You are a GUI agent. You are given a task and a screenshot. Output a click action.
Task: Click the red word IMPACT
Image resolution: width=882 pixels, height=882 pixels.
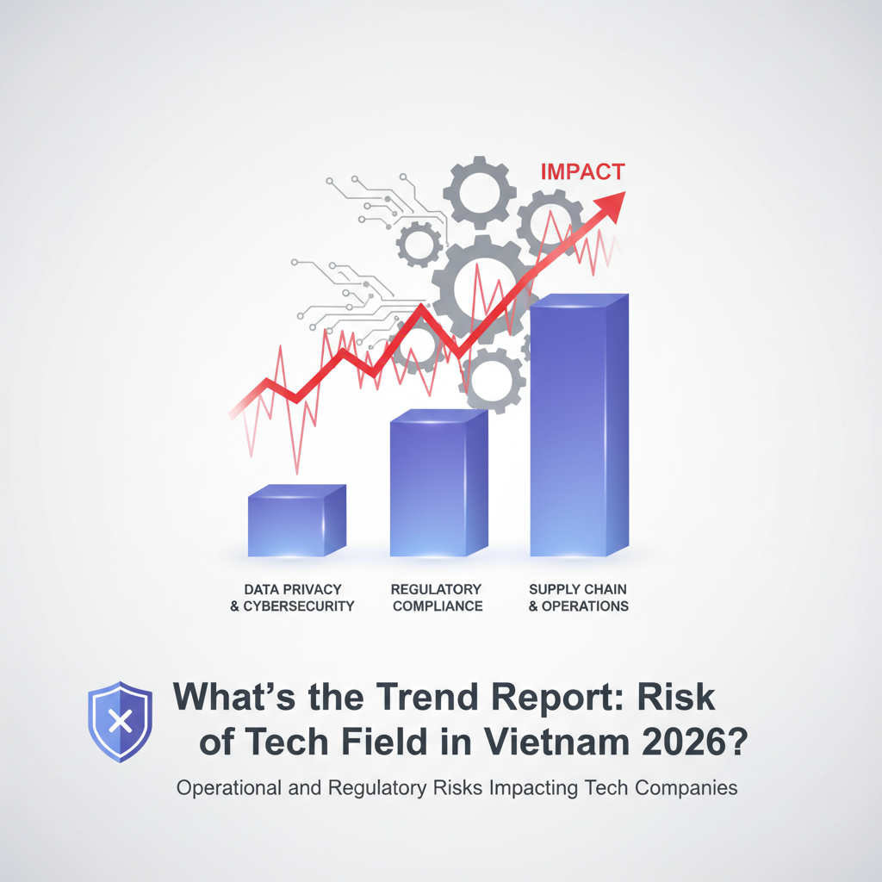coord(583,171)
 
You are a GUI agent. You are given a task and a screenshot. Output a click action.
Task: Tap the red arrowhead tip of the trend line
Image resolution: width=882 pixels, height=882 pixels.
coord(625,192)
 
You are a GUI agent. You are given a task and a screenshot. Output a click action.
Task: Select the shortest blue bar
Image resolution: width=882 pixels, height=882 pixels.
coord(297,521)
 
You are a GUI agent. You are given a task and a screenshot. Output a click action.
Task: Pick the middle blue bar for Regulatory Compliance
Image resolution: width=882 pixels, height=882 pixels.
coord(438,482)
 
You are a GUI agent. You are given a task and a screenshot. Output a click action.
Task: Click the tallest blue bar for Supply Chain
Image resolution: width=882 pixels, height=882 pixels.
coord(580,425)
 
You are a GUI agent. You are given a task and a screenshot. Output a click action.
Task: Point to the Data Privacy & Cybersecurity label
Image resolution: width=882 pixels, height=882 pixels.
coord(293,598)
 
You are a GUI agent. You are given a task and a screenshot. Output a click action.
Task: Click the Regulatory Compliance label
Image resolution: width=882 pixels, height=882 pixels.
coord(437,598)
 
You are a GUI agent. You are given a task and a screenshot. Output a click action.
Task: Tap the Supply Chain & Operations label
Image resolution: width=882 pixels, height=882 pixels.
coord(578,598)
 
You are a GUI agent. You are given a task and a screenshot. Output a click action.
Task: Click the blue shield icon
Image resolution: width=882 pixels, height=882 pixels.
coord(120,722)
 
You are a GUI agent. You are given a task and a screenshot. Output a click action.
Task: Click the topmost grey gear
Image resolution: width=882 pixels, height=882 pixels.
coord(479,192)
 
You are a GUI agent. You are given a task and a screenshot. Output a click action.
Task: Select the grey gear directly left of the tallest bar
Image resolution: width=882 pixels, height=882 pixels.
coord(493,380)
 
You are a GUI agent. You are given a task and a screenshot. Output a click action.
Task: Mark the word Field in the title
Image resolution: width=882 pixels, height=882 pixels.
coord(385,742)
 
